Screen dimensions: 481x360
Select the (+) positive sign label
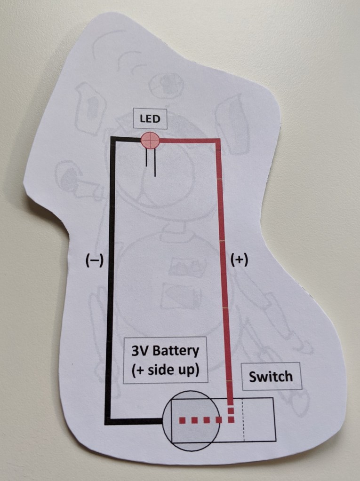[239, 260]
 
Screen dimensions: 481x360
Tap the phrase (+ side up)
[163, 369]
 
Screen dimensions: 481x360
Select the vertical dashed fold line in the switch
[243, 420]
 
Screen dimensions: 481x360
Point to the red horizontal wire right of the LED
[188, 140]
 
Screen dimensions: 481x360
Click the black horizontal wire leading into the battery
[136, 421]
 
